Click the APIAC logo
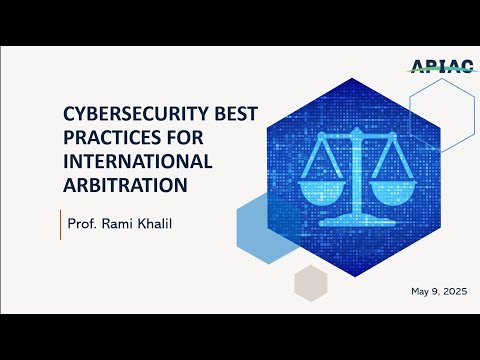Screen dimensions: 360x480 coord(439,67)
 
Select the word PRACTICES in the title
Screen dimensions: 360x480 coord(110,141)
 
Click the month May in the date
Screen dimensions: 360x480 coord(421,291)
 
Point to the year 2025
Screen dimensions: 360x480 coord(452,291)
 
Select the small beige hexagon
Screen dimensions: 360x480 coord(311,284)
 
